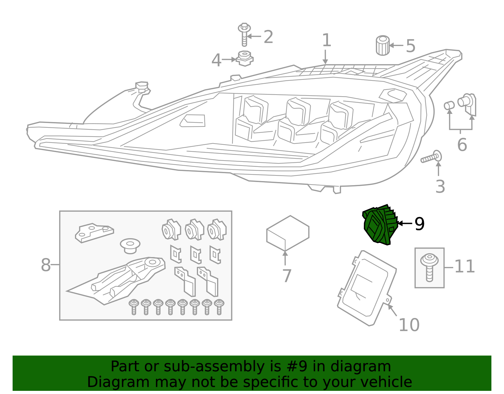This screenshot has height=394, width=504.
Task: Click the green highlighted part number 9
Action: [x=380, y=225]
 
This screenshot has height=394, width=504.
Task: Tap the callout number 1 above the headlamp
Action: [x=326, y=40]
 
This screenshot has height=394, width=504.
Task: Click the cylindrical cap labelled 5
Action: [x=383, y=45]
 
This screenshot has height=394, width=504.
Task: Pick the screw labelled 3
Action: [x=431, y=158]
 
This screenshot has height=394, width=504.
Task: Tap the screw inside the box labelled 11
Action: [x=429, y=267]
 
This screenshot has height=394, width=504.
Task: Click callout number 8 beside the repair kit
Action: [x=46, y=265]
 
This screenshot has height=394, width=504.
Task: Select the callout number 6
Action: [x=462, y=145]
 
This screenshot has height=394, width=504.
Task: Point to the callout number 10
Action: [x=409, y=325]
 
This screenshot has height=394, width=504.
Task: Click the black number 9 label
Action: [x=420, y=224]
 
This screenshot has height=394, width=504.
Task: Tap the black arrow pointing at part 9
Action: [x=405, y=223]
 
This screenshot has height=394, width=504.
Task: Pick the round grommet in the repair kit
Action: [x=130, y=245]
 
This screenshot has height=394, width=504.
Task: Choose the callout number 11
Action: [x=465, y=267]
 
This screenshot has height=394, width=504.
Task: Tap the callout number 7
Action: [x=287, y=276]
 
